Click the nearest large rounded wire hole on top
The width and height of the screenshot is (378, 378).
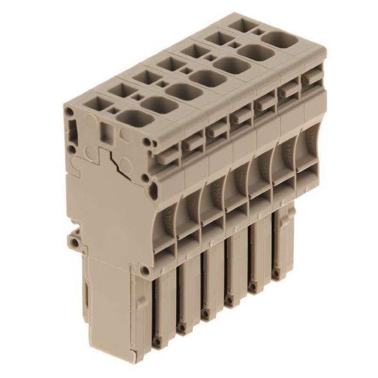132,119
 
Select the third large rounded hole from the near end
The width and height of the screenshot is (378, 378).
184,92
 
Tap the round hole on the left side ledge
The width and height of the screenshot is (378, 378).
76,244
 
